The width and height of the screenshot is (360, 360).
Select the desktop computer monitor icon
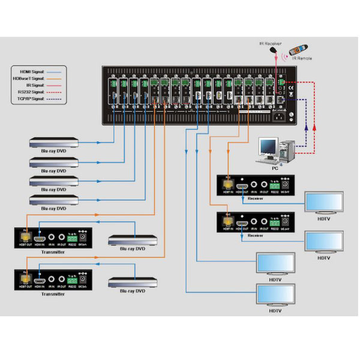[x=268, y=148]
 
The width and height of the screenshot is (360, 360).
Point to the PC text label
[x=275, y=169]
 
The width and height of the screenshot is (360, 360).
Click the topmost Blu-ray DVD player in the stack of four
[x=54, y=143]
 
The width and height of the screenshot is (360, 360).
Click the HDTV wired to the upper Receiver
[x=324, y=202]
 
